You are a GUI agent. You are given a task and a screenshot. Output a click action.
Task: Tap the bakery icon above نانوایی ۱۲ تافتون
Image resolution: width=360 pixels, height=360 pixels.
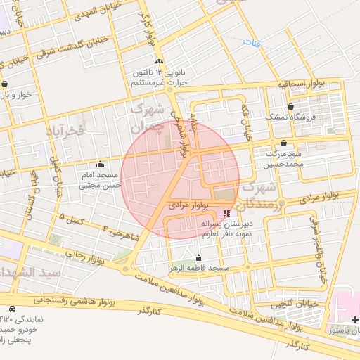click(160, 62)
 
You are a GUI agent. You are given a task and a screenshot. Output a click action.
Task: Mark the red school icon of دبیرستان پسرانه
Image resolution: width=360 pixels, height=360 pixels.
click(226, 213)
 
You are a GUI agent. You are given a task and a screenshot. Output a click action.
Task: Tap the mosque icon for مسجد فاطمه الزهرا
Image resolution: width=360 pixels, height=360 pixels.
click(198, 257)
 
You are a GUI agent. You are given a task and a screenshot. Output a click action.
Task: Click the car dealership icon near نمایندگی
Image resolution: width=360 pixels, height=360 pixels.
click(13, 309)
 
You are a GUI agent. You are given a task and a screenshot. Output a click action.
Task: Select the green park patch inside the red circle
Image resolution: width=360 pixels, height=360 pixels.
click(224, 193)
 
